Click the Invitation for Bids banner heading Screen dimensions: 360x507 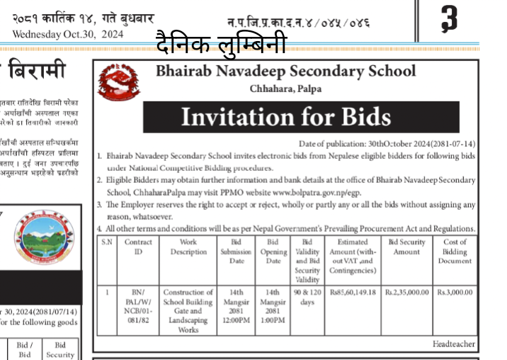click(x=285, y=116)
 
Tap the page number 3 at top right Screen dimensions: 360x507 click(x=448, y=18)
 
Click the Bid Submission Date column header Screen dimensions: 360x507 click(x=237, y=252)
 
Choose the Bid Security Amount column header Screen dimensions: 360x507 click(x=406, y=247)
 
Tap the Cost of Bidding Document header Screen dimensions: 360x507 click(x=455, y=252)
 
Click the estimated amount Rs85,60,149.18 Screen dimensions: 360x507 click(x=352, y=292)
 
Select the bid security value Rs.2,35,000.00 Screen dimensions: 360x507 click(x=406, y=292)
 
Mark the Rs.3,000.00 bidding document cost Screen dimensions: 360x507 click(x=455, y=292)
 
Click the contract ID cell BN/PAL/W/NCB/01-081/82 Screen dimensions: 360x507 click(x=138, y=305)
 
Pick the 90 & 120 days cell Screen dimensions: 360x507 click(x=307, y=296)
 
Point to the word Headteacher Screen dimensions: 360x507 click(x=454, y=344)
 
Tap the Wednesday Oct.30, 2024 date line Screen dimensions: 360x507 click(x=68, y=34)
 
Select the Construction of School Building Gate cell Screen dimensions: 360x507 click(x=188, y=310)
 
